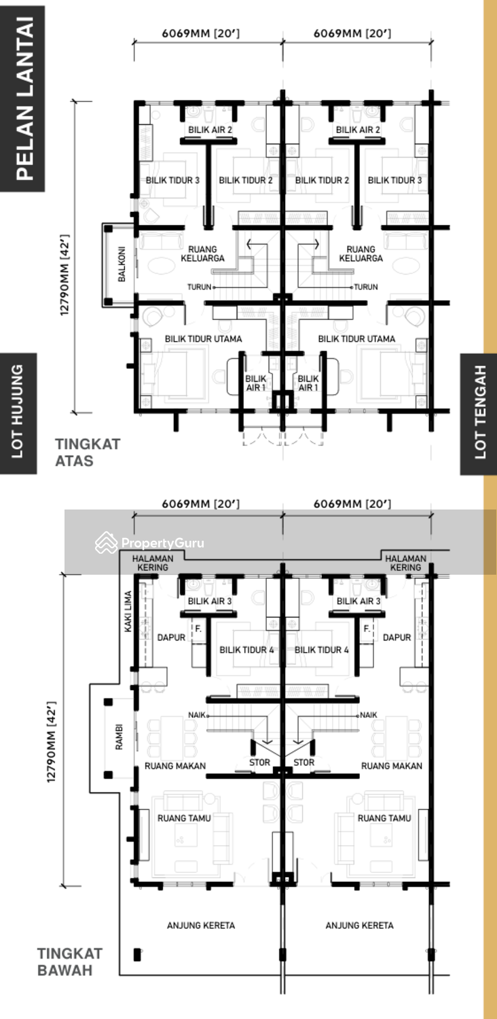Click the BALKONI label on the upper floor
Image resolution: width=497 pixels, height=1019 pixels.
[122, 264]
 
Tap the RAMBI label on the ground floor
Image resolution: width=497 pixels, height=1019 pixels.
[119, 737]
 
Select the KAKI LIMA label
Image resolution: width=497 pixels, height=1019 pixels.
[128, 611]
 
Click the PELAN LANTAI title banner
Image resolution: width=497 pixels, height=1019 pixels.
[22, 99]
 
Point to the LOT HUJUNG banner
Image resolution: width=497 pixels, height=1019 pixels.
[18, 413]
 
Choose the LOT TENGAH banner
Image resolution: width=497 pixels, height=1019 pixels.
[479, 413]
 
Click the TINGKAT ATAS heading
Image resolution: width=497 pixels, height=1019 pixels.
[88, 452]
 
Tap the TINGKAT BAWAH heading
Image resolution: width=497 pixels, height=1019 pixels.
[70, 962]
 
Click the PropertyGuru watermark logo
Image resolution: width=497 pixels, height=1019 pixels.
[149, 543]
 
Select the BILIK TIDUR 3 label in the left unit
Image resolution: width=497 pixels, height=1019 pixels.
[172, 180]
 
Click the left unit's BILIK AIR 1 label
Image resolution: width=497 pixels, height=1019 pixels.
[255, 383]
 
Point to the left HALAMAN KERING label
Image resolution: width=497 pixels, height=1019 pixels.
[153, 562]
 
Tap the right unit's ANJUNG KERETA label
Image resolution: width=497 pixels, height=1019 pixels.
[359, 925]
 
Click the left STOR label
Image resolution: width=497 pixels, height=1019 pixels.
[259, 762]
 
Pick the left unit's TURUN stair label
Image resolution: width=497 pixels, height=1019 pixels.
[199, 287]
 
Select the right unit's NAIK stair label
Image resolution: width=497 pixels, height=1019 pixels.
[368, 715]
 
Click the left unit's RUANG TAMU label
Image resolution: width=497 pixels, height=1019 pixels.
[184, 818]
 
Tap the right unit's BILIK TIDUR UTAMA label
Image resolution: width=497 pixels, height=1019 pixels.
[356, 339]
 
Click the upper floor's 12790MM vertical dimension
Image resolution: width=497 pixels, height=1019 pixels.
[65, 274]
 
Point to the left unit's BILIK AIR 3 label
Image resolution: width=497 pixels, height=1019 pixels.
[210, 601]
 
